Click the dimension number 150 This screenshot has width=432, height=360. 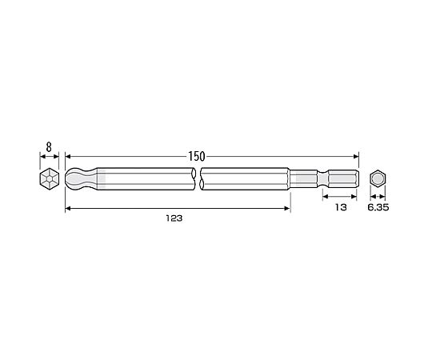pyautogui.click(x=197, y=157)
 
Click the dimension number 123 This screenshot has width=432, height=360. pyautogui.click(x=174, y=218)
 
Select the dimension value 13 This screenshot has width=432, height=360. pyautogui.click(x=341, y=207)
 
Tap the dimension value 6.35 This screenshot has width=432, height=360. pyautogui.click(x=378, y=207)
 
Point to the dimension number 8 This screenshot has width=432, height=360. pyautogui.click(x=49, y=147)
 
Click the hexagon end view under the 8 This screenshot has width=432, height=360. pyautogui.click(x=50, y=178)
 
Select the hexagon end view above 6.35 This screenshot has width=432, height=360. pyautogui.click(x=378, y=179)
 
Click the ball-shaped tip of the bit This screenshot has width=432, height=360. pyautogui.click(x=81, y=178)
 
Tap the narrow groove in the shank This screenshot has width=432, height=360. pyautogui.click(x=323, y=179)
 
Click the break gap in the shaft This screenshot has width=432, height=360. pyautogui.click(x=198, y=178)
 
